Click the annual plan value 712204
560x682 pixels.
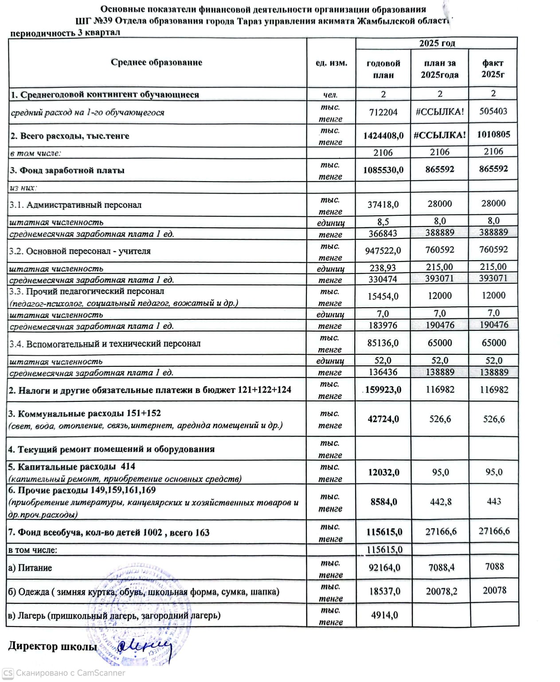pyautogui.click(x=383, y=112)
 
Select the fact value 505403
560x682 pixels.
pyautogui.click(x=493, y=111)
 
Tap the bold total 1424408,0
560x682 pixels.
pyautogui.click(x=383, y=136)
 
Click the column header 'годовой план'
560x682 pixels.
pyautogui.click(x=383, y=69)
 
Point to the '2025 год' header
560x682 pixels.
pyautogui.click(x=437, y=43)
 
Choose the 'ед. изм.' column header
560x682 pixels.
pyautogui.click(x=331, y=63)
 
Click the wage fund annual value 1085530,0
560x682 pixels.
pyautogui.click(x=383, y=170)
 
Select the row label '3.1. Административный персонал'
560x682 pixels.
pyautogui.click(x=75, y=205)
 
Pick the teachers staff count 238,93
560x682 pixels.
pyautogui.click(x=383, y=268)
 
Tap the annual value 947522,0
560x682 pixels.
pyautogui.click(x=383, y=251)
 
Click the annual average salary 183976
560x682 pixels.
pyautogui.click(x=383, y=325)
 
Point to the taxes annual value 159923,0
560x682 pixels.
pyautogui.click(x=383, y=390)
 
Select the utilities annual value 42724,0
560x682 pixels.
pyautogui.click(x=383, y=419)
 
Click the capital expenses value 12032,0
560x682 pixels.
pyautogui.click(x=384, y=472)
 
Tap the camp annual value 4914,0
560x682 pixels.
pyautogui.click(x=384, y=615)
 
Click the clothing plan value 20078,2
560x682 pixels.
pyautogui.click(x=441, y=591)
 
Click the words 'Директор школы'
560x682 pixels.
pyautogui.click(x=52, y=646)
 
